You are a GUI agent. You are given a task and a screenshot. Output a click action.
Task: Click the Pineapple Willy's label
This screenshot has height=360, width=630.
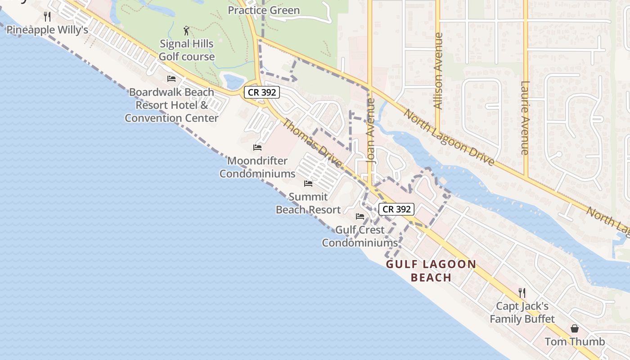pyautogui.click(x=47, y=30)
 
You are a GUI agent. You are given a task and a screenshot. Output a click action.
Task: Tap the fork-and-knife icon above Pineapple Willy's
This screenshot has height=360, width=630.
pyautogui.click(x=47, y=17)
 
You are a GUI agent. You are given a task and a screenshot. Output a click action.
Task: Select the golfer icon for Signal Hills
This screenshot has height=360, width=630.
pyautogui.click(x=187, y=31)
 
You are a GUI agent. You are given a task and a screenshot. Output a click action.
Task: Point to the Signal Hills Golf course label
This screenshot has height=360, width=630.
pyautogui.click(x=187, y=50)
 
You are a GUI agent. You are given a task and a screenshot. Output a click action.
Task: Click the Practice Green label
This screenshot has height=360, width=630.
pyautogui.click(x=264, y=10)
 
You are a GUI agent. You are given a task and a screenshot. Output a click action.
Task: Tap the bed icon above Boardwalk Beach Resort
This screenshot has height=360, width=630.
pyautogui.click(x=171, y=79)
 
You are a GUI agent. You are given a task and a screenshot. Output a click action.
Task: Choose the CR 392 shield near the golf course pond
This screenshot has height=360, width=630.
pyautogui.click(x=262, y=92)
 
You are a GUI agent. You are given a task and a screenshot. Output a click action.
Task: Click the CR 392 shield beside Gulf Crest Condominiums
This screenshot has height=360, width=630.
pyautogui.click(x=396, y=209)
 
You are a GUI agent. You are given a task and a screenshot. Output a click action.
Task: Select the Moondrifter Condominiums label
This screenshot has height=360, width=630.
pyautogui.click(x=257, y=167)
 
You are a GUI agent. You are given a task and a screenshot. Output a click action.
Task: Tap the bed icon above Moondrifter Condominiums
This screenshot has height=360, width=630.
pyautogui.click(x=257, y=148)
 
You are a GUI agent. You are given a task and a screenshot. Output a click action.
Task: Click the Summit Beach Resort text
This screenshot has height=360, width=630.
pyautogui.click(x=308, y=203)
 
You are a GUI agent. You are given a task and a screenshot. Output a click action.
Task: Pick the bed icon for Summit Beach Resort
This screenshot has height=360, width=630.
pyautogui.click(x=308, y=184)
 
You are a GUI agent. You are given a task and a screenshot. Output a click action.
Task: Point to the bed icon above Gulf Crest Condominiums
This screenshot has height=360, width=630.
pyautogui.click(x=360, y=216)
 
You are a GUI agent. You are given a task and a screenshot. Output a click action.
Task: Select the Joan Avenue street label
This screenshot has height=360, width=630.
pyautogui.click(x=371, y=130)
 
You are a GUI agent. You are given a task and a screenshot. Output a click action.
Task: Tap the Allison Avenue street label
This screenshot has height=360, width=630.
pyautogui.click(x=437, y=71)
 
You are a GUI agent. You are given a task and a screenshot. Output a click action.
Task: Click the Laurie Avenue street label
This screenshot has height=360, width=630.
pyautogui.click(x=525, y=118)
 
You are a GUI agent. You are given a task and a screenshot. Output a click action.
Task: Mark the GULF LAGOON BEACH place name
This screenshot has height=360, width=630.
pyautogui.click(x=431, y=270)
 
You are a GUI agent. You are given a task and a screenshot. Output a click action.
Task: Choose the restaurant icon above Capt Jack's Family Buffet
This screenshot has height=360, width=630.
pyautogui.click(x=522, y=293)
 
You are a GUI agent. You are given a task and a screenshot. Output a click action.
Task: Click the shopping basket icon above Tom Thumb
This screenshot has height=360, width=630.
pyautogui.click(x=575, y=328)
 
